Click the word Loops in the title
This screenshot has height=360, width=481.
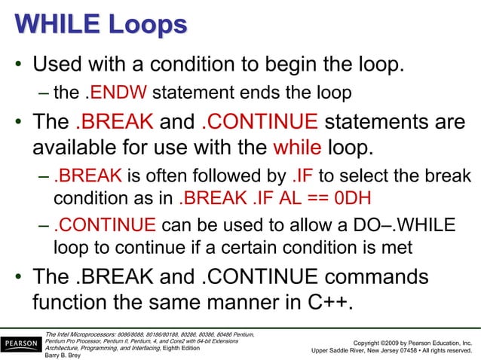coord(144,26)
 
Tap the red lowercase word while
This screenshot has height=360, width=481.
coord(300,145)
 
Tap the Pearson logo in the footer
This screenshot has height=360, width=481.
coord(21,345)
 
